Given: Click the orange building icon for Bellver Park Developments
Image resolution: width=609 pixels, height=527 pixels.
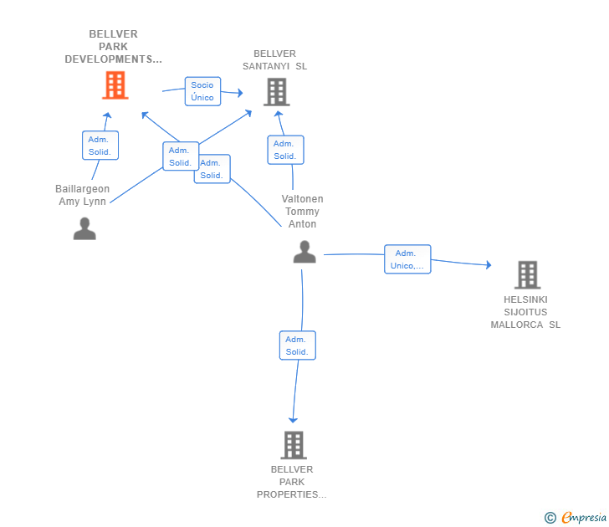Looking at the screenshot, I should (x=115, y=85).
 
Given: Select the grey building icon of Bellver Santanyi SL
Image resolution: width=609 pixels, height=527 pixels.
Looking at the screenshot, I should (x=276, y=92).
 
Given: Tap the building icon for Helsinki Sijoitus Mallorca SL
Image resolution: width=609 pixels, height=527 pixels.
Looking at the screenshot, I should (x=526, y=274).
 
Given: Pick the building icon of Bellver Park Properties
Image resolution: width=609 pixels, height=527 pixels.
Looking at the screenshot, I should (x=293, y=445).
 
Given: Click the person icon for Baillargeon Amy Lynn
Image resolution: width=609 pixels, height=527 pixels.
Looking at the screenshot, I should (x=84, y=228).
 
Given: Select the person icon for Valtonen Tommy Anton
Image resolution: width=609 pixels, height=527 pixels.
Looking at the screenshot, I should (x=304, y=252).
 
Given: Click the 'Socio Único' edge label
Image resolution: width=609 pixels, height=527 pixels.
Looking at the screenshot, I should (x=202, y=91).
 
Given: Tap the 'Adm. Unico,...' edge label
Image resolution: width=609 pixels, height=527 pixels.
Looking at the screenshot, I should (x=407, y=259).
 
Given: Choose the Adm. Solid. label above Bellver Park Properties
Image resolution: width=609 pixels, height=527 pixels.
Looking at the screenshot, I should (x=297, y=345).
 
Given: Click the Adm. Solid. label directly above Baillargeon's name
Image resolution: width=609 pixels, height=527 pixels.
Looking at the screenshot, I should (x=100, y=146).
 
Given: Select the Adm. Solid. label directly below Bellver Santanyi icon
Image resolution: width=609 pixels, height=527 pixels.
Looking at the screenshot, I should (x=285, y=150).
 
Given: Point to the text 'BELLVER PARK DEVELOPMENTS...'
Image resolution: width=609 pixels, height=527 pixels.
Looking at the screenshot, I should (x=113, y=47).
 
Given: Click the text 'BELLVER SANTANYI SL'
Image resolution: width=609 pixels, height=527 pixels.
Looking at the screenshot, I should (x=275, y=60).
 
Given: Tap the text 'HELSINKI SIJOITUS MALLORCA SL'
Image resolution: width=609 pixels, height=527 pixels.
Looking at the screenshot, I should (x=525, y=312).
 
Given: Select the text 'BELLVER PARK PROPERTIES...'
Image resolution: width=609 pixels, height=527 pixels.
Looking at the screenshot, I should (x=292, y=482).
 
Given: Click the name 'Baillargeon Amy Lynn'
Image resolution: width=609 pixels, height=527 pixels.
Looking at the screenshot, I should (x=83, y=195).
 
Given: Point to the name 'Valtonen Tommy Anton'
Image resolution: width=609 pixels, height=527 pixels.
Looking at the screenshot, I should (x=303, y=212).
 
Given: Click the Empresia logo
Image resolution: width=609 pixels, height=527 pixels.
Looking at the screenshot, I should (x=583, y=518).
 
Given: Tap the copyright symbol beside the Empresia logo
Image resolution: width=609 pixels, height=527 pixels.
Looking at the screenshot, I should (x=550, y=518).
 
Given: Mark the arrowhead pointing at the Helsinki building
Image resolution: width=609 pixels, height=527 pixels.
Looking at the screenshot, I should (x=488, y=265).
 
